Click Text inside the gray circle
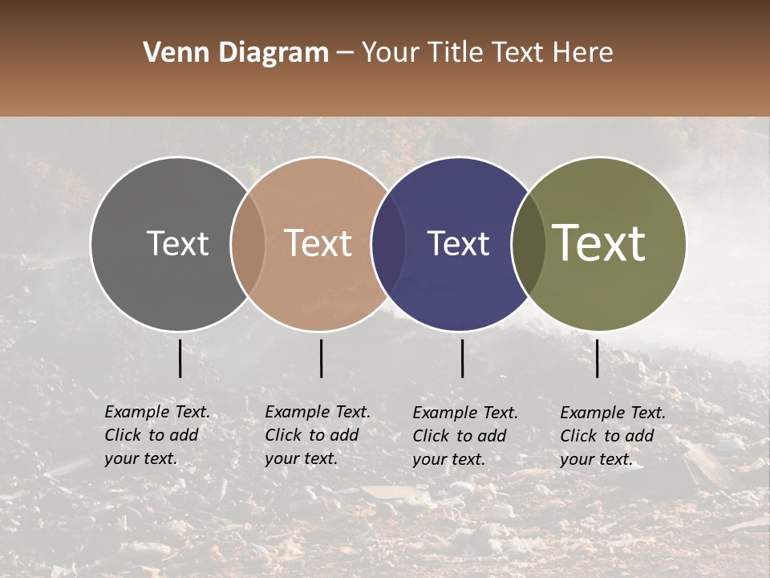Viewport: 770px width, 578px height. pos(177,243)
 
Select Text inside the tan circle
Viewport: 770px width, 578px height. pos(318,243)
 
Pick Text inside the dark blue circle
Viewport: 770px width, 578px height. pos(458,243)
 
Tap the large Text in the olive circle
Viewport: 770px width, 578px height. pos(599,243)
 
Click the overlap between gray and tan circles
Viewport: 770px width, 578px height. pos(248,243)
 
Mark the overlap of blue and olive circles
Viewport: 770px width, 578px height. pos(529,243)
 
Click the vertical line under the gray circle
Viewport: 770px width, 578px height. pos(180,358)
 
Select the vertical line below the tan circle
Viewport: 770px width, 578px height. pos(321,358)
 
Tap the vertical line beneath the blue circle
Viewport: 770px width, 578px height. pos(462,358)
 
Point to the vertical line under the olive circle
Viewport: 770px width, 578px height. pos(598,358)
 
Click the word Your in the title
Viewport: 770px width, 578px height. pos(391,53)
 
